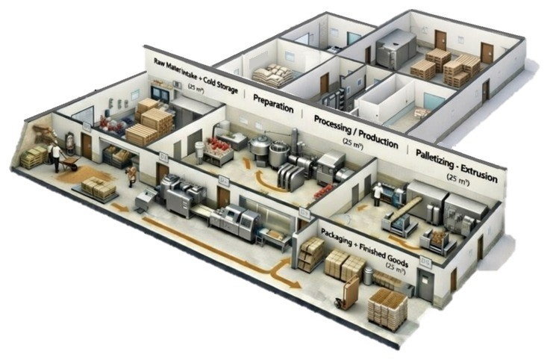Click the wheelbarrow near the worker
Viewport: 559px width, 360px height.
pos(71,163)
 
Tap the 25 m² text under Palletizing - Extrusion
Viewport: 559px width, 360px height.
pos(455,178)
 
